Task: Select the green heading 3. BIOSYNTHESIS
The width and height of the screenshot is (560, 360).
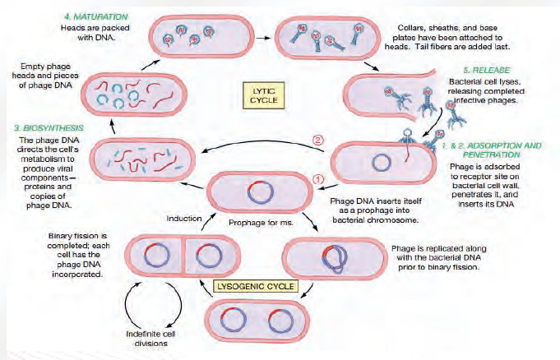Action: pyautogui.click(x=44, y=128)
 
